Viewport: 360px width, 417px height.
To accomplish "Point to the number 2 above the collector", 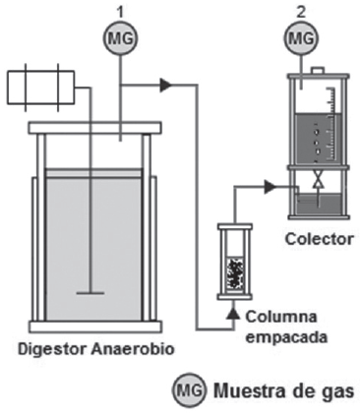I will click(x=298, y=12).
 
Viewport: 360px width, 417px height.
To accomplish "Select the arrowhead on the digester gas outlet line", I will click(x=165, y=86).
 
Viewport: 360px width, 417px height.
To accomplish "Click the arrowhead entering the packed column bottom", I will click(x=233, y=313).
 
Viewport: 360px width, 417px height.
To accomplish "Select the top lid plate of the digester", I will click(x=91, y=128).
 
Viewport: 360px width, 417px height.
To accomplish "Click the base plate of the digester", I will click(x=91, y=327).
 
